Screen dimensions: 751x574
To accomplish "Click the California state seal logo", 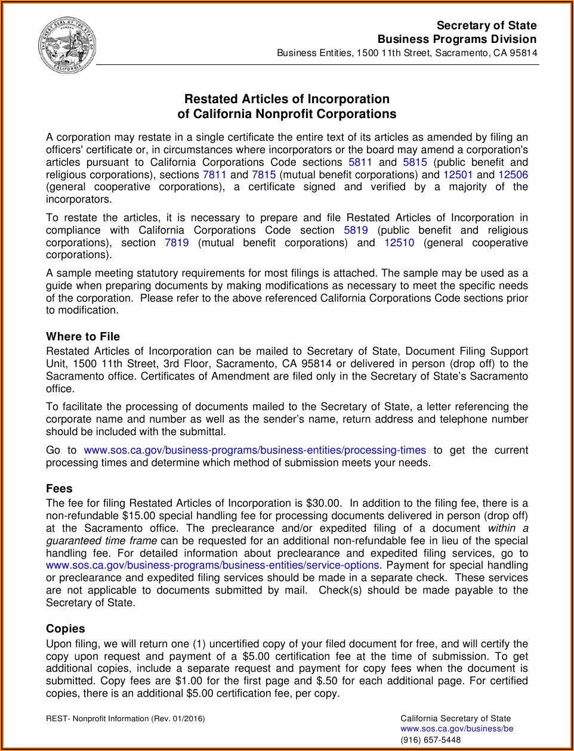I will [67, 45].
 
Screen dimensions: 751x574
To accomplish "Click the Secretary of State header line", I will [486, 26].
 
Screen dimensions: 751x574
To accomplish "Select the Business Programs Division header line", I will [456, 39].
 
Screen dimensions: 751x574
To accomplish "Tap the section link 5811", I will [360, 162].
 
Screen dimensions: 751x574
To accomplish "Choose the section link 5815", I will [415, 162].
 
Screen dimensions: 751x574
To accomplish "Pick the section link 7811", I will [214, 175].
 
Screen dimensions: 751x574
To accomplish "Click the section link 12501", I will [458, 175].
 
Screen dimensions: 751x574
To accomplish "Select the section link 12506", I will [513, 175].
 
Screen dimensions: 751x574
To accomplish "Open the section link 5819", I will [356, 230].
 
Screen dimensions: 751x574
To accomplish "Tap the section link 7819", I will [177, 243].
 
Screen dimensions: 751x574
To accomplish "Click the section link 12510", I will [399, 243].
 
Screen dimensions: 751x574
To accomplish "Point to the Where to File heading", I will [83, 337].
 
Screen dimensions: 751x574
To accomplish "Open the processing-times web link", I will [255, 450].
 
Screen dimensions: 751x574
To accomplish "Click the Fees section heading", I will [59, 489].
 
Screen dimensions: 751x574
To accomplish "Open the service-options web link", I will [212, 565].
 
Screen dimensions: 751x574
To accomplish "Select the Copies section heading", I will [66, 629].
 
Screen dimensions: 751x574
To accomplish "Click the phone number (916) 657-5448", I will [430, 740].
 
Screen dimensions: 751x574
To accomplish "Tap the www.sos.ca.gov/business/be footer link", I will [456, 728].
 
